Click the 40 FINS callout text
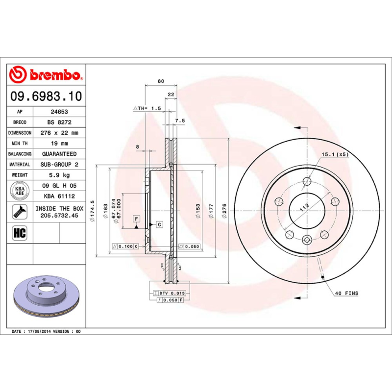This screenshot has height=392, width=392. click(x=347, y=294)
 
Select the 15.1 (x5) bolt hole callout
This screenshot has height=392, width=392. click(x=334, y=154)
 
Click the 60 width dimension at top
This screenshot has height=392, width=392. click(x=161, y=81)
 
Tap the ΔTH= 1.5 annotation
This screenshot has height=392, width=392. click(x=147, y=108)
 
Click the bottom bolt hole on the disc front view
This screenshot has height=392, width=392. click(x=307, y=240)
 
